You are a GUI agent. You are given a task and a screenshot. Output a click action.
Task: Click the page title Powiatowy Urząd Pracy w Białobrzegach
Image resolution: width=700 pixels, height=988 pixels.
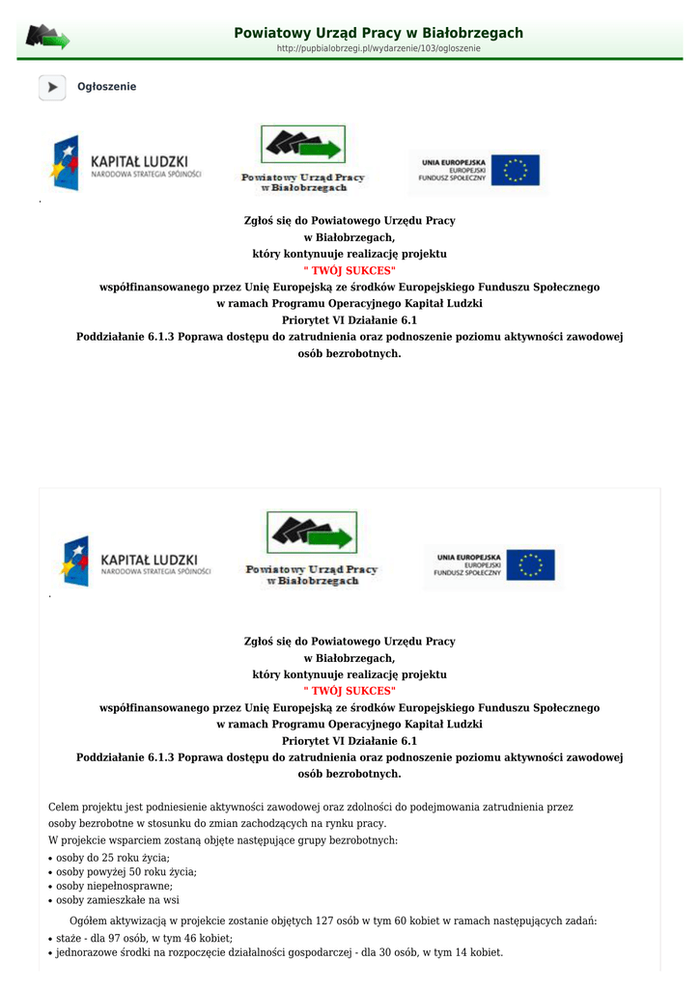coord(378,33)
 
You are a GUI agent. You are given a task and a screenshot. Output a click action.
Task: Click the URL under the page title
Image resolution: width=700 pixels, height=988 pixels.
coord(378,48)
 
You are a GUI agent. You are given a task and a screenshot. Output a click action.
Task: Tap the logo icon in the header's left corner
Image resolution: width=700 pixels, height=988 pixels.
coord(47,38)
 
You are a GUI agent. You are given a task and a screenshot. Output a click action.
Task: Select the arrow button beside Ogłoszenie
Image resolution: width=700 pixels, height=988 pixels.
coord(52,87)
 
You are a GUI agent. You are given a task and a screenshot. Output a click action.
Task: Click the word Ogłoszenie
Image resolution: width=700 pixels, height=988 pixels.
coord(106,87)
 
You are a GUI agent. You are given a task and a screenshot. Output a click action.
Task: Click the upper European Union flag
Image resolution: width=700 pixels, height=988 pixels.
coord(515,170)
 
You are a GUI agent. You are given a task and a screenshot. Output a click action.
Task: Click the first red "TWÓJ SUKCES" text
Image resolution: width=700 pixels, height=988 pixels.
coord(350,270)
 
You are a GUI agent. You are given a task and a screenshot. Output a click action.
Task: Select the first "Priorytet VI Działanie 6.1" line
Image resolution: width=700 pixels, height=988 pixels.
coord(350,320)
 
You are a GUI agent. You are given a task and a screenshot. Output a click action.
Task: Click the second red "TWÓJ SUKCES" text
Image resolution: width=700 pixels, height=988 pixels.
coord(350,691)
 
